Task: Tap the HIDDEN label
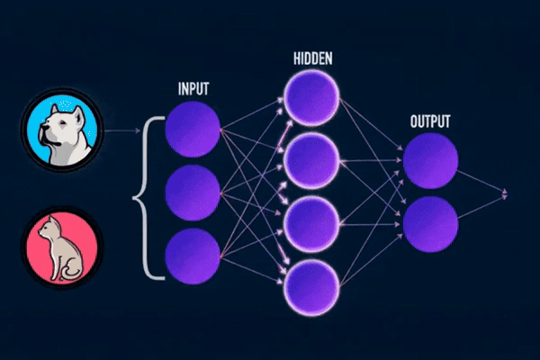(312, 58)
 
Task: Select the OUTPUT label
(430, 121)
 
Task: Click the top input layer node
(193, 130)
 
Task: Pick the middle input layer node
(193, 193)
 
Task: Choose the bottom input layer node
(193, 255)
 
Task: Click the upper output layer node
(430, 161)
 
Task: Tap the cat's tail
(79, 270)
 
